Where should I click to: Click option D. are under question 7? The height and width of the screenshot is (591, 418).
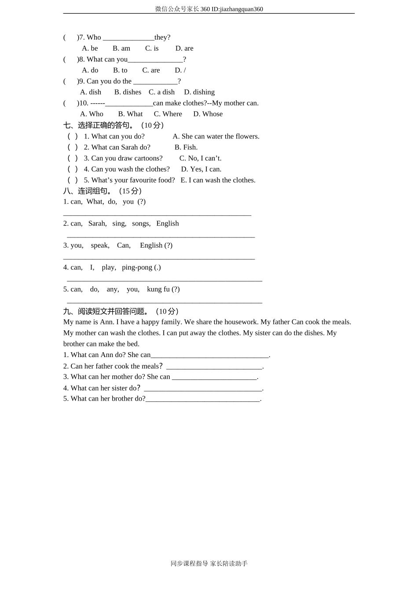point(184,48)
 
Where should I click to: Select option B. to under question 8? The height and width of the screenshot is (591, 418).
point(120,70)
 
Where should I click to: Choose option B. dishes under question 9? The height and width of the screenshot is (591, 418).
point(128,92)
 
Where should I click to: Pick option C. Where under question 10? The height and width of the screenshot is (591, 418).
point(168,114)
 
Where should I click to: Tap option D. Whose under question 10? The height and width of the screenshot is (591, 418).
point(208,114)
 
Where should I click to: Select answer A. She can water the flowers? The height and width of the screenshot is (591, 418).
point(216,136)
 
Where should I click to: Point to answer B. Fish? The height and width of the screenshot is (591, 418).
point(186,147)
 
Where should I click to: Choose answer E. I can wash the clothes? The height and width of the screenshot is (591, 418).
point(218,180)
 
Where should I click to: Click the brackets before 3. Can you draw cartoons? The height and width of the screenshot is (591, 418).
point(73,158)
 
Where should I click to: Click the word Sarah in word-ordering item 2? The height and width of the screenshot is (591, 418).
point(97,223)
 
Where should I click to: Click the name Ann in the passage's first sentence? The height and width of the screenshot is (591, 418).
point(106,322)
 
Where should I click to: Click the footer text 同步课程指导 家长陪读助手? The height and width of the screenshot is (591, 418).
point(209,564)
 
